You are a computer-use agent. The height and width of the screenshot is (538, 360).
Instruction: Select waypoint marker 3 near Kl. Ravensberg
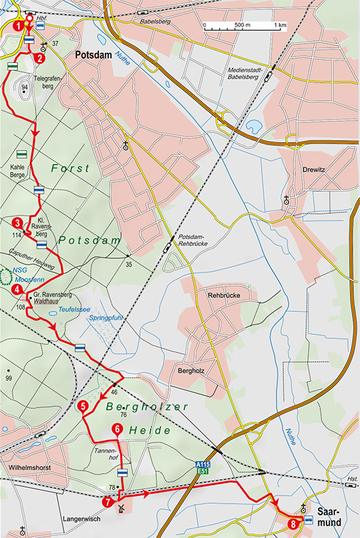17,223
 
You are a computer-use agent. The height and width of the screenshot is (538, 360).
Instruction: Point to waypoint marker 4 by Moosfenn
17,290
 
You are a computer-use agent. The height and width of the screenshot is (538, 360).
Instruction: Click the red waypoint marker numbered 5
82,406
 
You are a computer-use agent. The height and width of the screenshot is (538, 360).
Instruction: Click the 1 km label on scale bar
280,25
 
